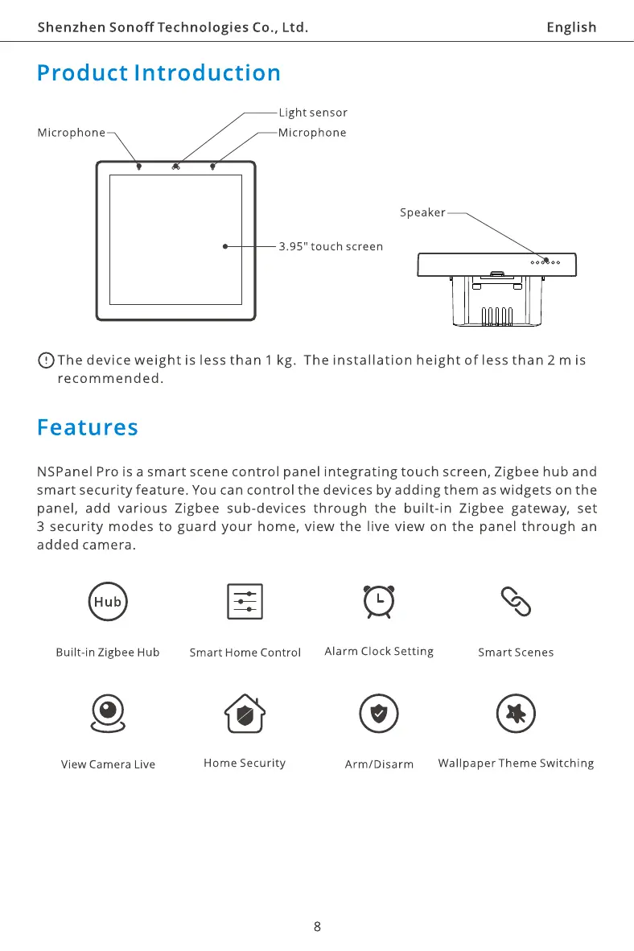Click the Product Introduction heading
158,73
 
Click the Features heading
88,427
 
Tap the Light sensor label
312,113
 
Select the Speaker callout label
422,213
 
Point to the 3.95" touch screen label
331,246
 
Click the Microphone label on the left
72,133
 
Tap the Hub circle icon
107,601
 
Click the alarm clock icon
378,601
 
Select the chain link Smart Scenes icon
515,601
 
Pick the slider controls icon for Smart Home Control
245,601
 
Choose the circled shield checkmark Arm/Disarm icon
378,714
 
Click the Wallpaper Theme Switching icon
516,714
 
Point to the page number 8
317,926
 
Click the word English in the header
571,27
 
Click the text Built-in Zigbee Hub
107,653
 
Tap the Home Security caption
245,763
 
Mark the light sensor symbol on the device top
175,167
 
